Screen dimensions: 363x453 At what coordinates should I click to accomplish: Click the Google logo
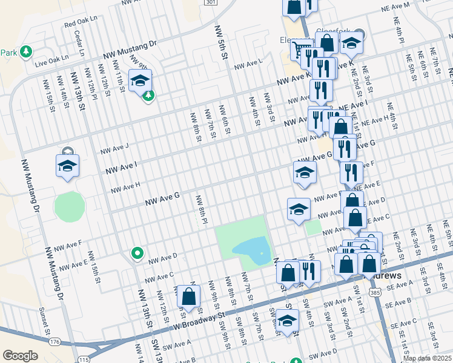20,356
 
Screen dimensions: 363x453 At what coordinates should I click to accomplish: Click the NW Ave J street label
115,148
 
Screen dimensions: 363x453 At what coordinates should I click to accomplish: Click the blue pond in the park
251,249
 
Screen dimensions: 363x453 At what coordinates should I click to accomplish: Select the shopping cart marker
300,48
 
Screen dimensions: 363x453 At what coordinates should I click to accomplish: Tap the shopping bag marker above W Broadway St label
188,296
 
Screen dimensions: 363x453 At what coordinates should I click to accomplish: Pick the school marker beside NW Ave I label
67,166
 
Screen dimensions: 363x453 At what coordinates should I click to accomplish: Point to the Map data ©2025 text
428,358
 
